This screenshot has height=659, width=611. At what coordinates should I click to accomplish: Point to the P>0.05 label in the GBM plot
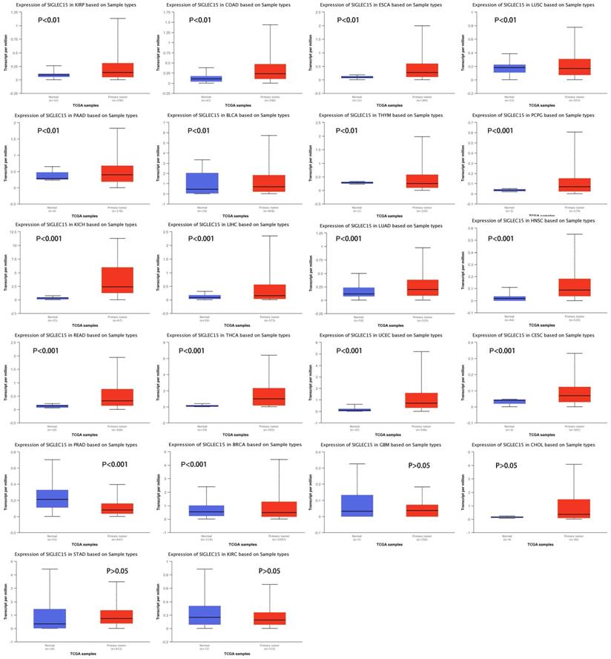click(x=425, y=466)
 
